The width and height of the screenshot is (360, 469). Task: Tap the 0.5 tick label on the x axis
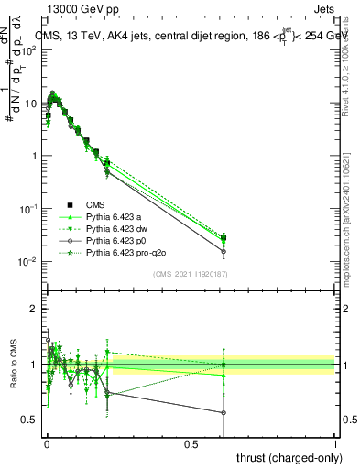[x=191, y=442]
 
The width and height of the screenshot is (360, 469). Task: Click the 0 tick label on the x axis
[x=47, y=442]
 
